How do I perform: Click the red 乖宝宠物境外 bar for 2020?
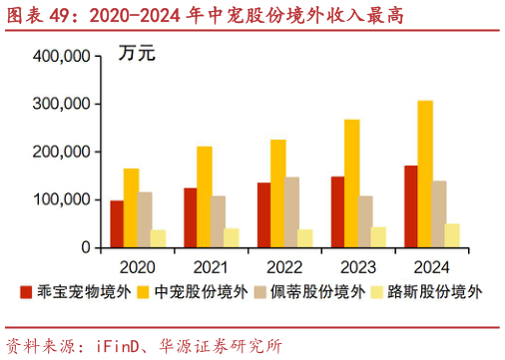click(x=117, y=223)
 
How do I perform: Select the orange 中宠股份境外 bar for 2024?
click(x=425, y=174)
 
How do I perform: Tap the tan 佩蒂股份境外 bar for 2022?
click(x=292, y=211)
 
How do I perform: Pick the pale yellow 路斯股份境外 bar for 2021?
click(x=233, y=237)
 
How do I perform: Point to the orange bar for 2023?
click(x=351, y=183)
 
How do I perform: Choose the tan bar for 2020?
click(x=146, y=219)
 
